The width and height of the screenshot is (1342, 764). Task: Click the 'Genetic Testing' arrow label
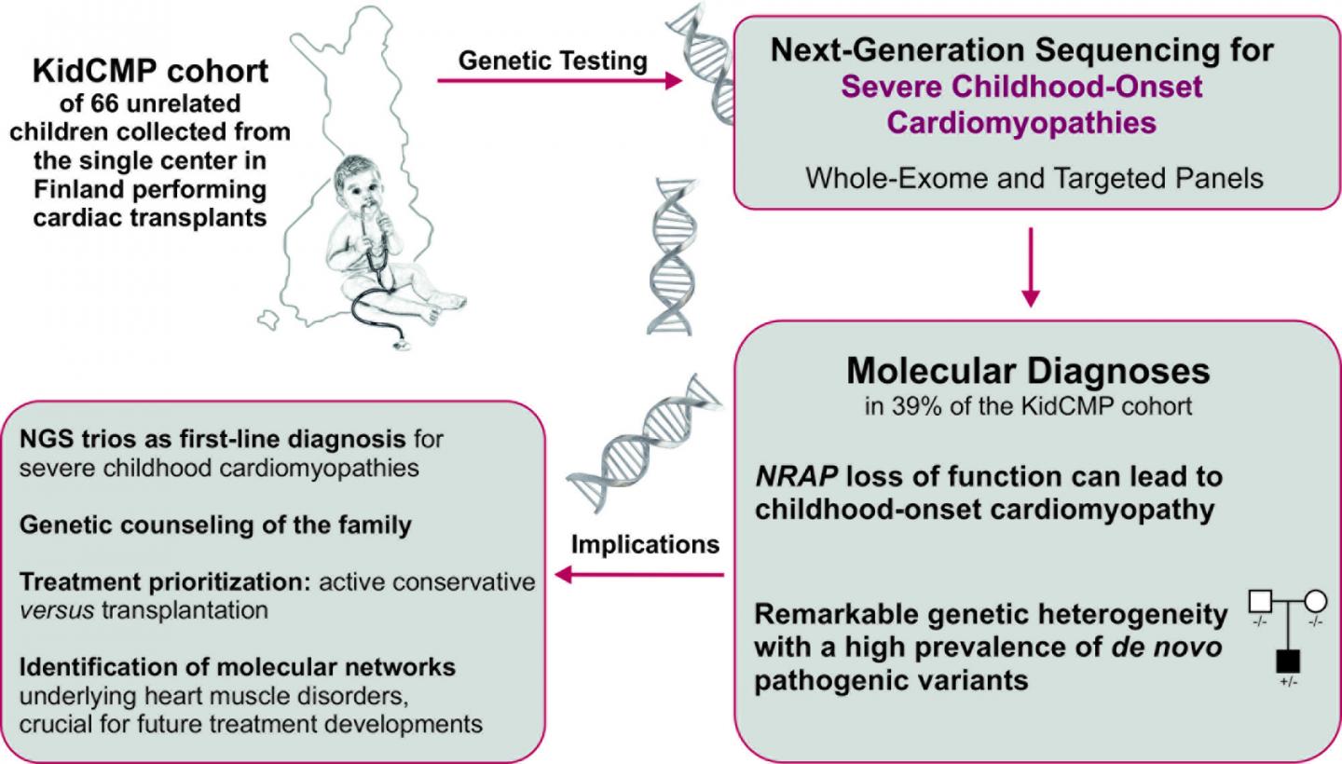(554, 61)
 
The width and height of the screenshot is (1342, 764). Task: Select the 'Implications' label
(645, 544)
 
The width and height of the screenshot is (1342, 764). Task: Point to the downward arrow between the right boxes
(1030, 269)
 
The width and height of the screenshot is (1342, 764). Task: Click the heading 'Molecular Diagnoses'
(1028, 370)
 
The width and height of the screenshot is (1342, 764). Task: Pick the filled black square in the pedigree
(1288, 662)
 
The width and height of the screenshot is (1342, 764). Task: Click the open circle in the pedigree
(1316, 602)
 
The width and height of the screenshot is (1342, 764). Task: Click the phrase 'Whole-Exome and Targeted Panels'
(1034, 177)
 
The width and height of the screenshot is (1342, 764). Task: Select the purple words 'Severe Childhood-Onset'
(1022, 88)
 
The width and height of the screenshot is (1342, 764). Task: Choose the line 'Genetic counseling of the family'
(215, 525)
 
